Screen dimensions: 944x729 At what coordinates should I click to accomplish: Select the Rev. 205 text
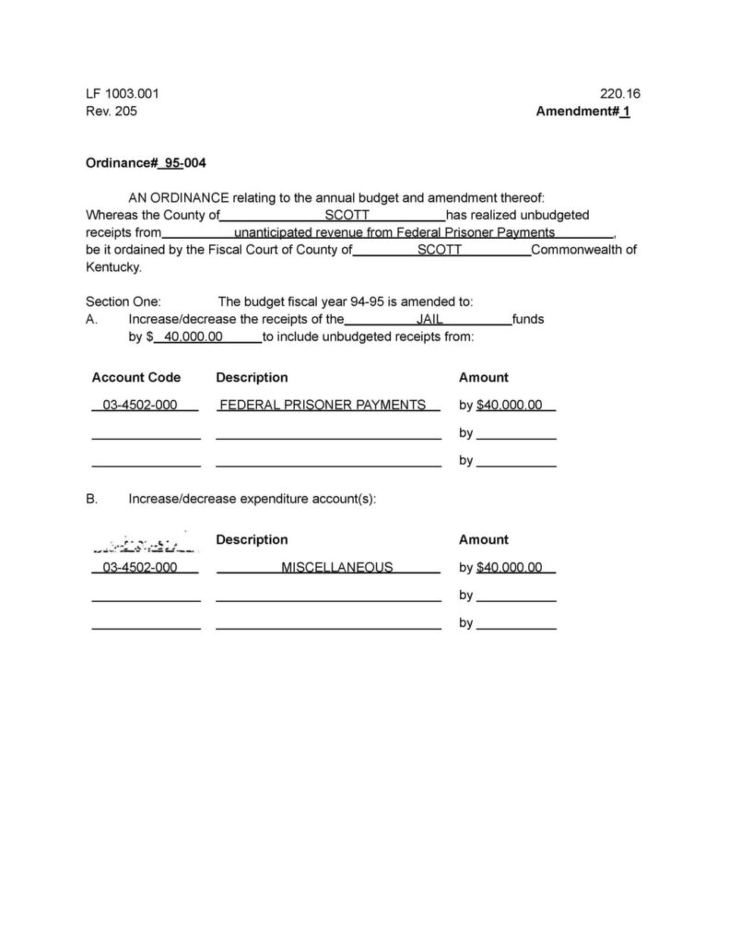click(112, 112)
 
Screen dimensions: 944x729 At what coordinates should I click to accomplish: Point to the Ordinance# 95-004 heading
click(146, 163)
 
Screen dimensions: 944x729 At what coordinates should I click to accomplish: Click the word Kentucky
click(113, 266)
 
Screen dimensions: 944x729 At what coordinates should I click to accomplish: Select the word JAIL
click(430, 319)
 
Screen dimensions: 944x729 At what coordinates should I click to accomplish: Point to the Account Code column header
click(136, 377)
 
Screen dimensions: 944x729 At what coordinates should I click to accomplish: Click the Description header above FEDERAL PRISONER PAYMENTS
click(252, 377)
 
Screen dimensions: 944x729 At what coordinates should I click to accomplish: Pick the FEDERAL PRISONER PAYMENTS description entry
click(323, 405)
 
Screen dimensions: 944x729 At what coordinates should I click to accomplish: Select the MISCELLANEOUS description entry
click(337, 567)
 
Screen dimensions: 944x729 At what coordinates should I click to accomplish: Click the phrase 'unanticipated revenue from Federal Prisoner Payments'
click(394, 232)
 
